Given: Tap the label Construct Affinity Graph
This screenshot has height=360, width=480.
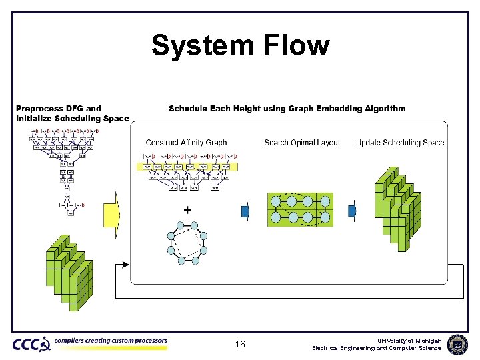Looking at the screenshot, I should [x=186, y=143].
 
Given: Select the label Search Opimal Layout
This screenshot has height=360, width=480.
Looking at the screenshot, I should [x=302, y=143].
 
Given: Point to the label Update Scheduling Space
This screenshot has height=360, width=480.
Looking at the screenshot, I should [x=400, y=143].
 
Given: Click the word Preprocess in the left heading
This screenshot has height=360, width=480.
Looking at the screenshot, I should [x=40, y=109].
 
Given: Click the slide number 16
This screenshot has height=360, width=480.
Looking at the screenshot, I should [x=240, y=345].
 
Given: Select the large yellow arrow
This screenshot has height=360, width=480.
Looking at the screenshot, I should [x=110, y=214].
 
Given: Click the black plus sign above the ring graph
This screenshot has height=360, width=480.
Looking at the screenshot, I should [x=187, y=209].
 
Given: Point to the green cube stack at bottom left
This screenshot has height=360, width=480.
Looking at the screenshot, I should [x=68, y=272].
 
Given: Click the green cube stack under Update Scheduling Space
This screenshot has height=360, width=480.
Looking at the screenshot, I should [x=397, y=207].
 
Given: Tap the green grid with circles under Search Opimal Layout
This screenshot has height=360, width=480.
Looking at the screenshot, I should [x=300, y=210].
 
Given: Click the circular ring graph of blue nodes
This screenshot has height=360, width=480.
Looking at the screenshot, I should [x=187, y=243].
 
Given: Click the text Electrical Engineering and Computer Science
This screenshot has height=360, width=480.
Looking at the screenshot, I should [x=377, y=348].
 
